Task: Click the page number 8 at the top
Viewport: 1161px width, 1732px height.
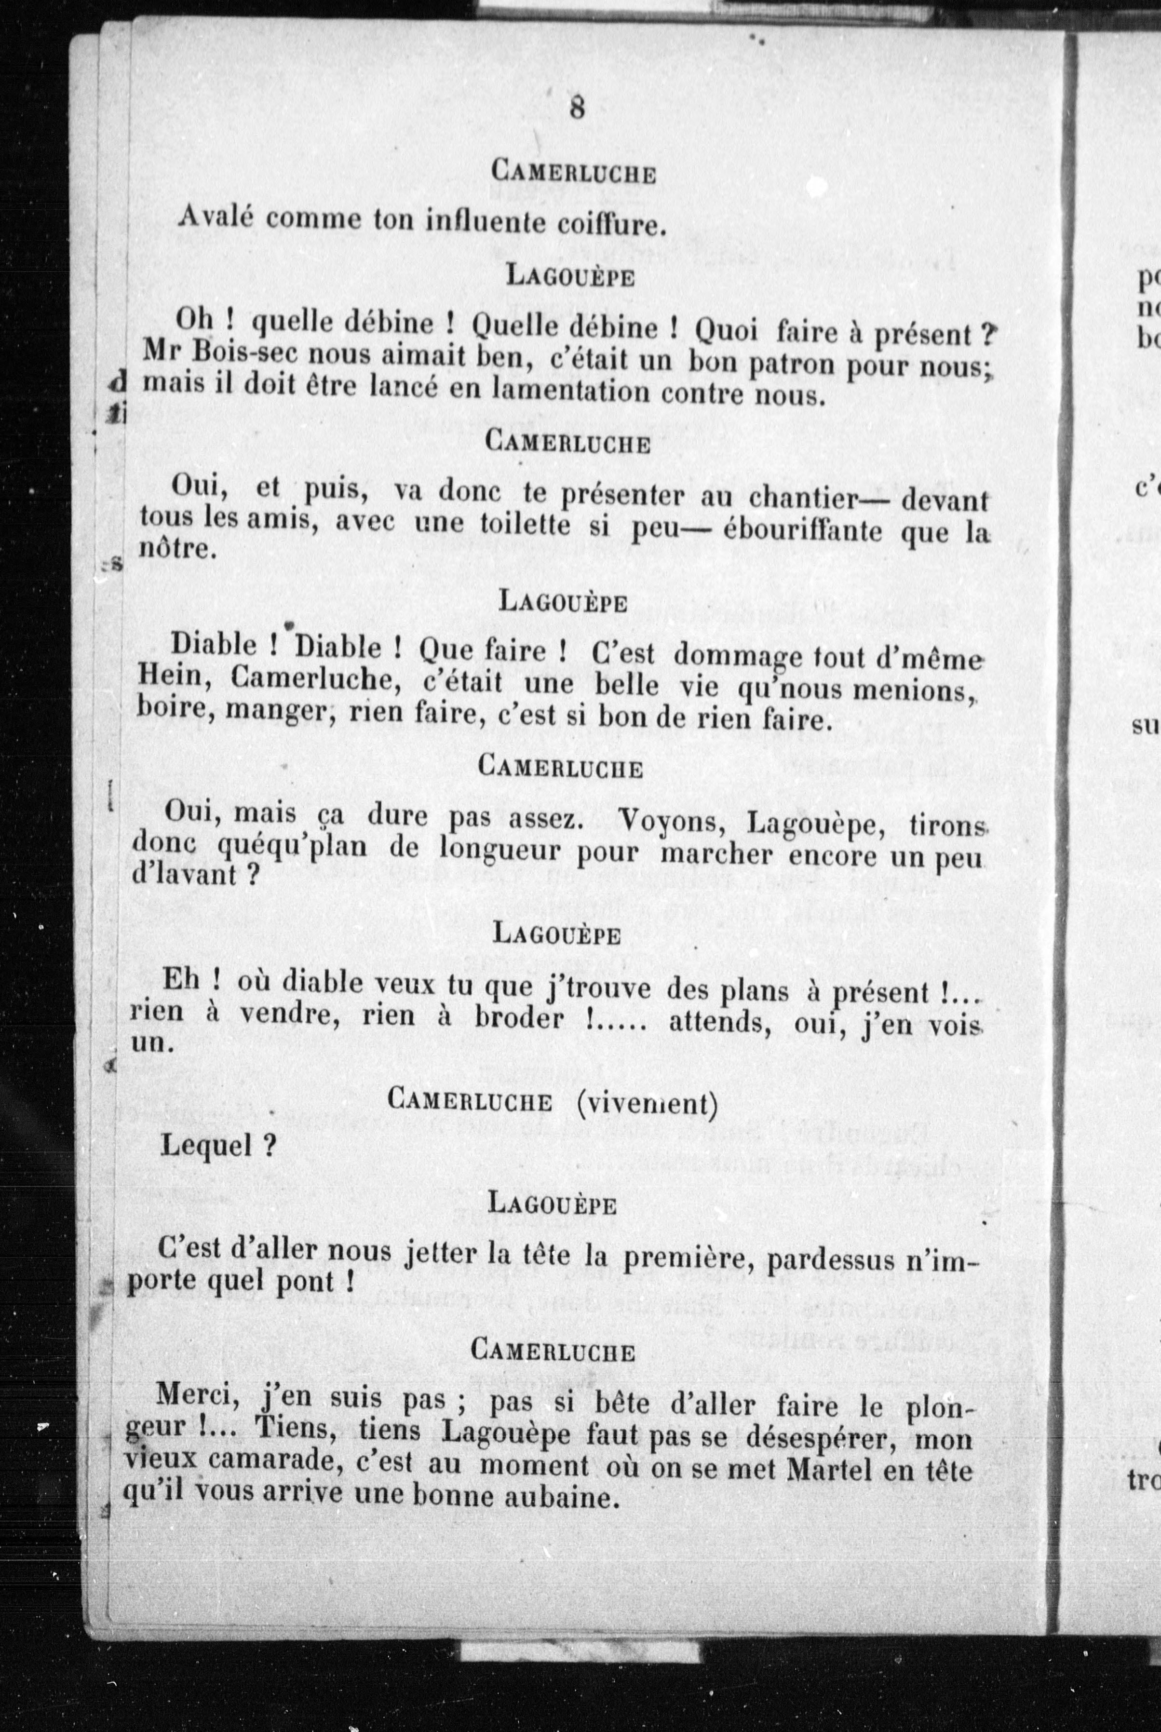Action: click(x=577, y=108)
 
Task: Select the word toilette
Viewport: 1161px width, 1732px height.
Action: click(x=525, y=525)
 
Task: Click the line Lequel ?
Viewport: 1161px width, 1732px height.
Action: click(x=218, y=1146)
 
